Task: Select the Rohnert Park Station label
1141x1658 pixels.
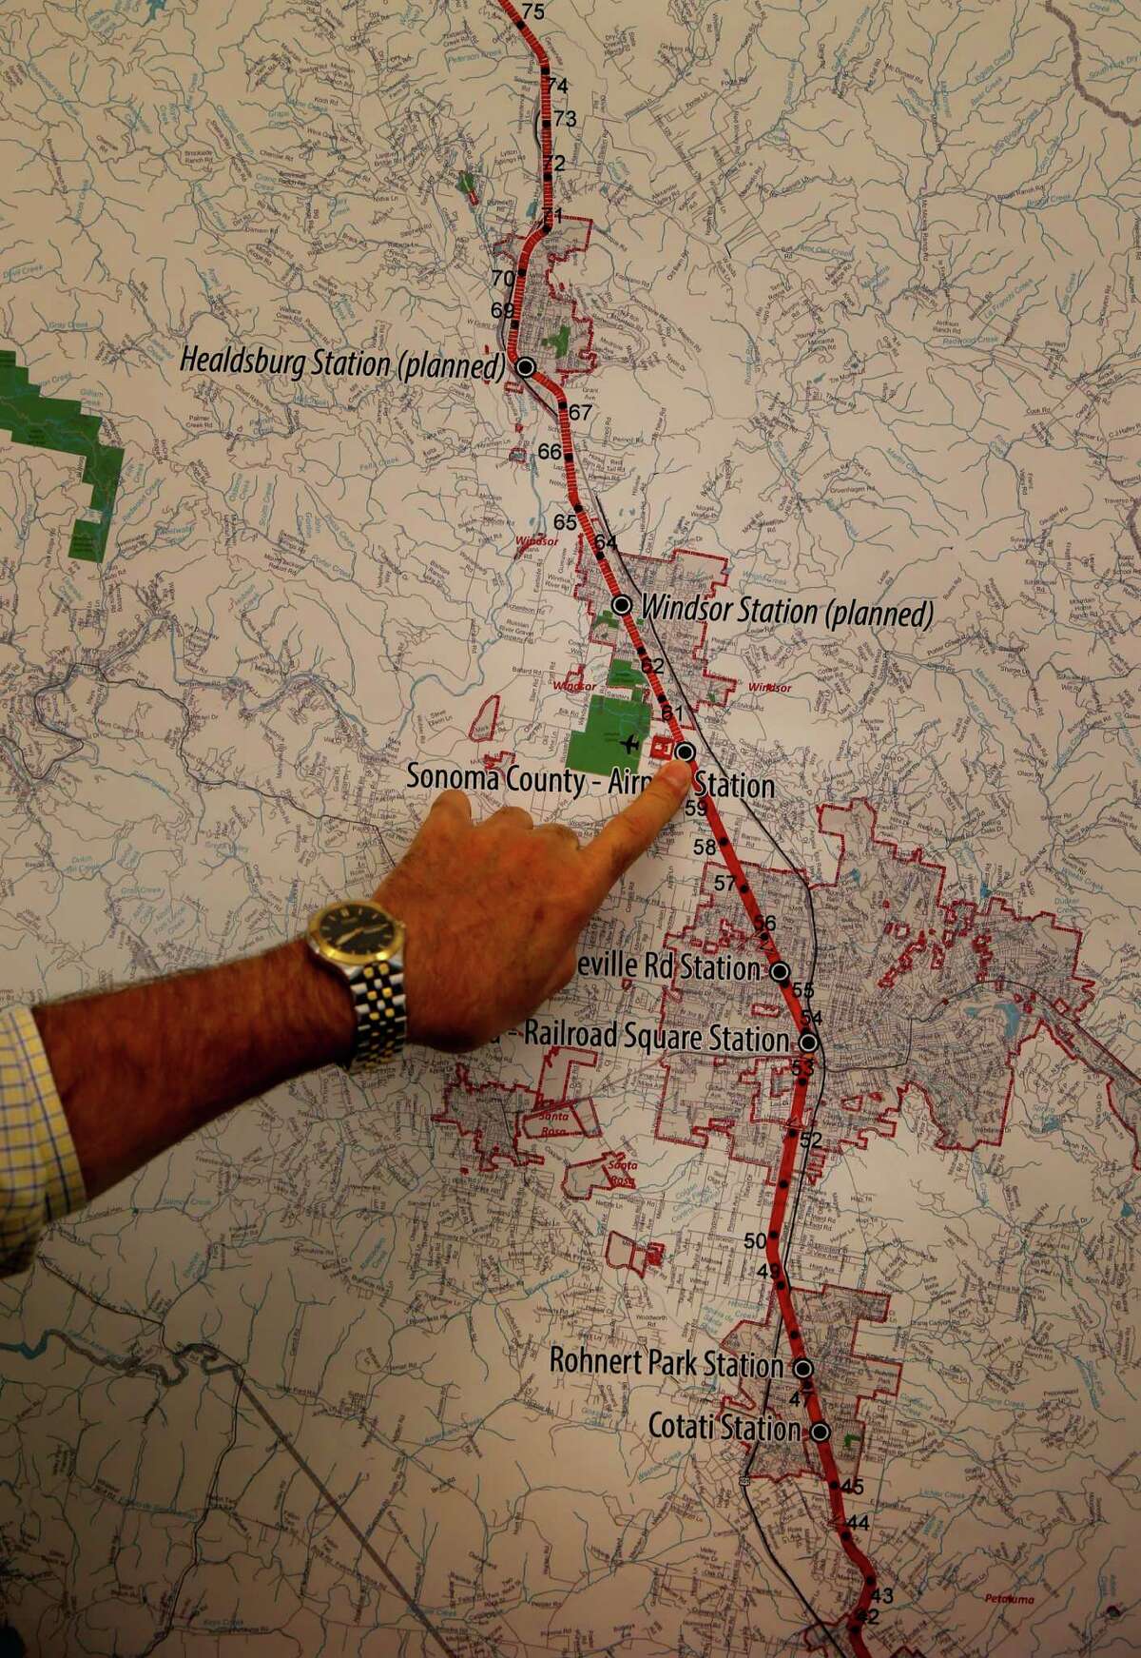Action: click(667, 1362)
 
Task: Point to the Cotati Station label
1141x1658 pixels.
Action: click(725, 1427)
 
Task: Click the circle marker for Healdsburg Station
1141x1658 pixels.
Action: click(524, 367)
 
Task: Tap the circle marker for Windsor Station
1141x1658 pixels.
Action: click(622, 604)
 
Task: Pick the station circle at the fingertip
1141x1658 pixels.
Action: click(685, 751)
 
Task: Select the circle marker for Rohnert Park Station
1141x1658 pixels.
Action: click(803, 1368)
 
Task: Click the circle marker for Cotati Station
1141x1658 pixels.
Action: click(820, 1431)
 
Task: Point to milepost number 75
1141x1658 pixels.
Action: click(532, 11)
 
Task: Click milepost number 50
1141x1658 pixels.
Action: click(755, 1240)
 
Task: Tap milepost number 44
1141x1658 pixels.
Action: click(858, 1523)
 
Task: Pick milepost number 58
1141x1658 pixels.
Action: click(705, 847)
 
